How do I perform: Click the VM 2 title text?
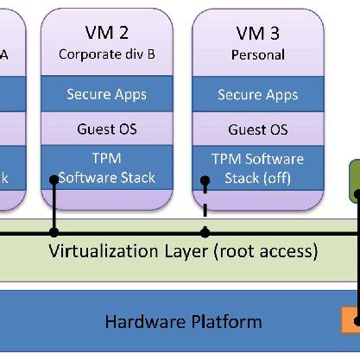click(x=107, y=33)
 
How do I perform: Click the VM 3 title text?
click(x=257, y=33)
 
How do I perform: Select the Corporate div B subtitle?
click(x=107, y=53)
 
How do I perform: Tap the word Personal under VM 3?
click(x=257, y=53)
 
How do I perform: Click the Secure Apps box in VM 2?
click(x=107, y=94)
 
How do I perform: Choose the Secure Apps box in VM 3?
click(x=257, y=94)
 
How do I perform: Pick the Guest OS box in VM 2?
click(x=107, y=129)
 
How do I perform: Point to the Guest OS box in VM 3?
click(x=257, y=129)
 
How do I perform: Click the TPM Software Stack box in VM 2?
click(x=107, y=168)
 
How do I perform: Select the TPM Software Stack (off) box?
click(x=257, y=168)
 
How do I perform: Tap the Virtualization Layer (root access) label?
click(x=183, y=252)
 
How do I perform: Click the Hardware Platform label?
click(x=183, y=322)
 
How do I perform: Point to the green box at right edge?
click(x=354, y=181)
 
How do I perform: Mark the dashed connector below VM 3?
click(x=205, y=212)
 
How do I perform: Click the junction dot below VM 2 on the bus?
click(x=54, y=232)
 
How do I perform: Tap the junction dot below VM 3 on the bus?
click(x=205, y=232)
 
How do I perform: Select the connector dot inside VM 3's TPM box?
click(x=205, y=181)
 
